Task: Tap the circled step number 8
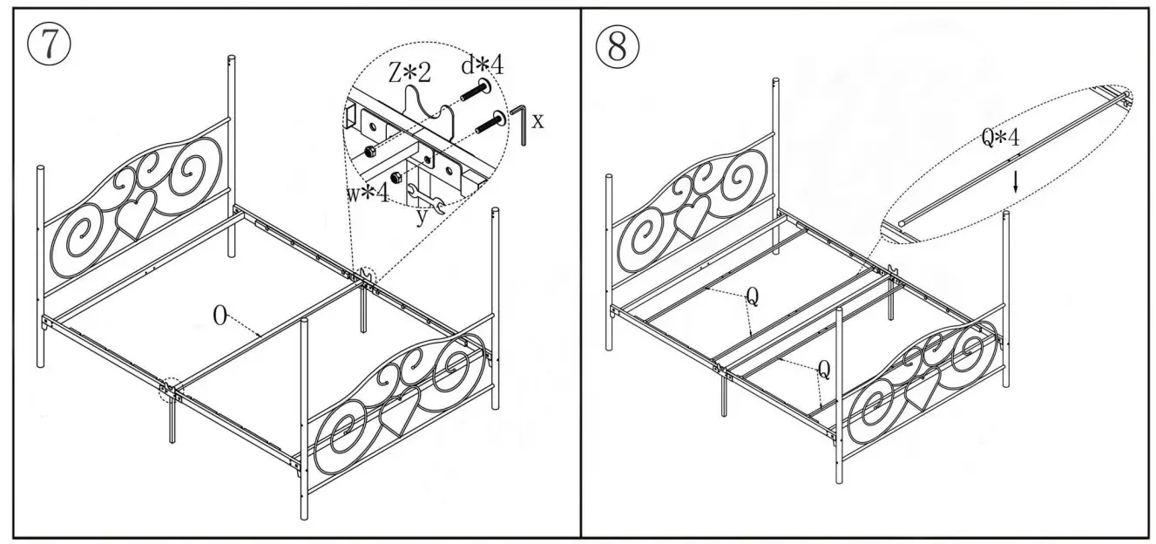point(617,47)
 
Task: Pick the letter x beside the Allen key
point(537,121)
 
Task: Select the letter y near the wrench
point(421,216)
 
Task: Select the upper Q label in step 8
point(753,297)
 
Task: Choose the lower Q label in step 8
point(823,371)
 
